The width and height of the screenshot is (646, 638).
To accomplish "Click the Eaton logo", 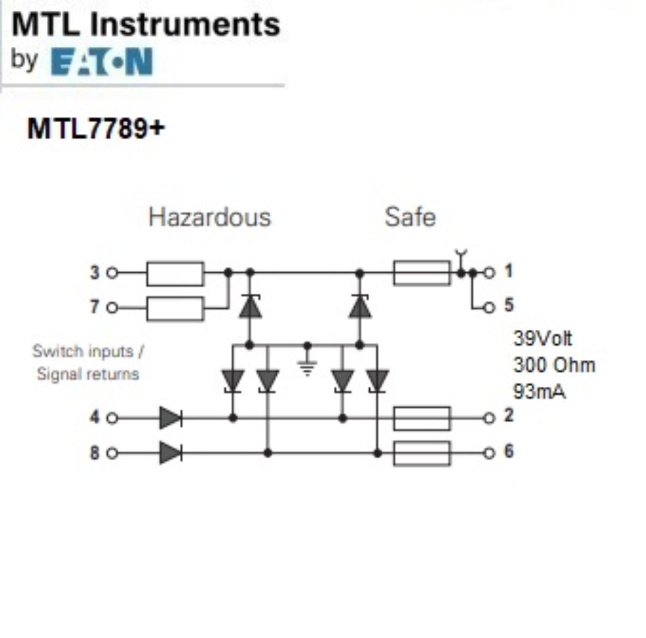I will tap(102, 61).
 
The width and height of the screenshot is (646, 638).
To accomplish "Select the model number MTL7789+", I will tap(96, 129).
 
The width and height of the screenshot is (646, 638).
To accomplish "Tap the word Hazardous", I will tap(209, 217).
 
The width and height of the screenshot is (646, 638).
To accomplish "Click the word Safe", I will tap(410, 217).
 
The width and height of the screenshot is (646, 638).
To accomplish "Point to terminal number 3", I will tap(95, 273).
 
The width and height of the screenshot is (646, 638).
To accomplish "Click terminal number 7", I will tap(95, 307).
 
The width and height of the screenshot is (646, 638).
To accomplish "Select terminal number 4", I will tap(95, 417).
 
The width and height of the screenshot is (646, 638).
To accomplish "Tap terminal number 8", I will tap(95, 453).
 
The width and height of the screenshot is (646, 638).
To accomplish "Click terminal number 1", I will tap(508, 272).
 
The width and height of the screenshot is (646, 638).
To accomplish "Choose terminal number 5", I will tap(508, 306).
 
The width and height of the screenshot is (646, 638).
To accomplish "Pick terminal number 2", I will tap(508, 416).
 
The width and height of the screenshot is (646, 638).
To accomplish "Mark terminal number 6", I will tap(508, 451).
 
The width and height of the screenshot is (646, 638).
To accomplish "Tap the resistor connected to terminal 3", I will tap(175, 273).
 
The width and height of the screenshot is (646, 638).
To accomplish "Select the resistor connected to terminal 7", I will tap(175, 308).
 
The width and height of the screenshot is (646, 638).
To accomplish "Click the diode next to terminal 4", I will tap(170, 418).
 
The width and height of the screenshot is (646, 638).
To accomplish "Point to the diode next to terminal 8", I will tap(170, 453).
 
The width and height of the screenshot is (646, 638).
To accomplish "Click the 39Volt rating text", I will tap(543, 339).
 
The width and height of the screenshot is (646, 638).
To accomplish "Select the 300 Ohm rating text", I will tap(554, 365).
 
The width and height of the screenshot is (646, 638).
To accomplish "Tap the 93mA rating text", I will tap(539, 391).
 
